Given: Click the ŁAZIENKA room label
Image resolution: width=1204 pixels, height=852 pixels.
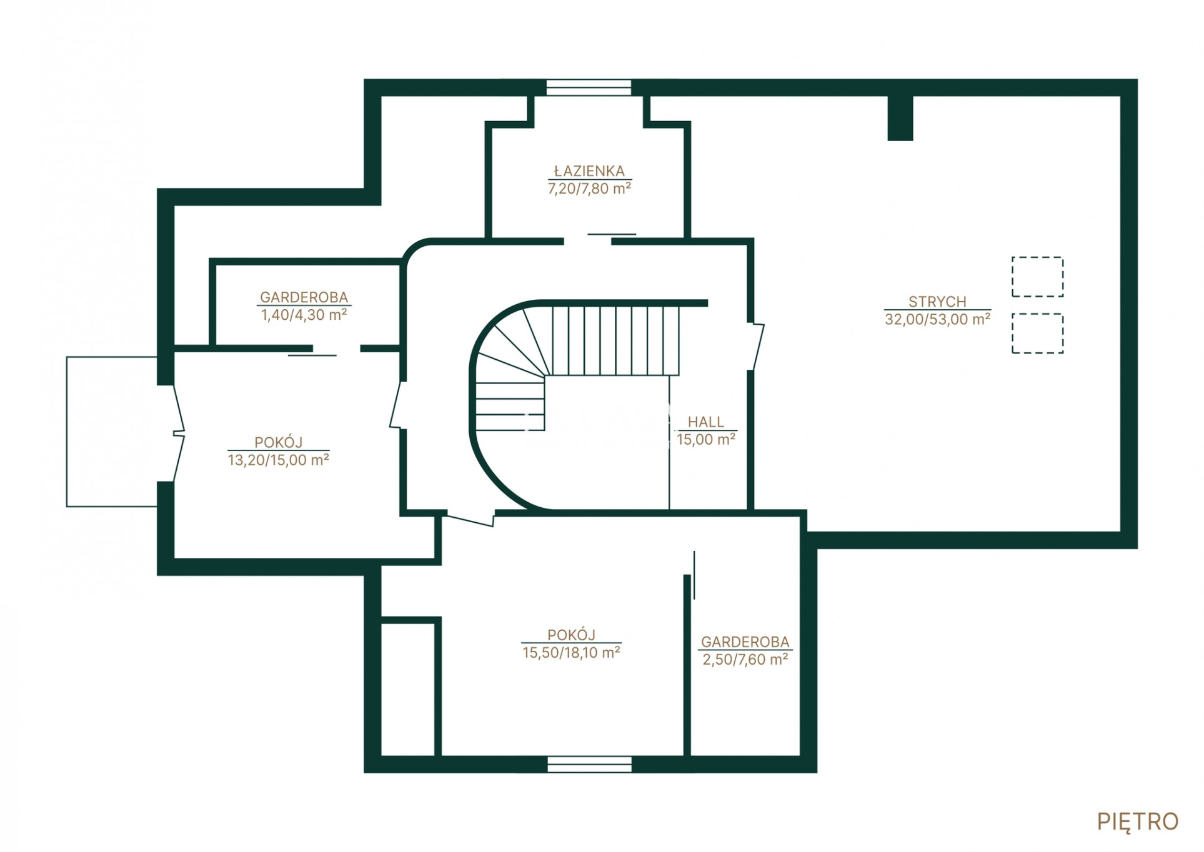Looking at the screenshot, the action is click(x=589, y=171).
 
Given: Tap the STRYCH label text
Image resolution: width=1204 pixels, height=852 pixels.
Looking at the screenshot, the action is click(x=937, y=301).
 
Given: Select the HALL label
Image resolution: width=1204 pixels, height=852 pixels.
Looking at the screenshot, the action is click(x=705, y=422).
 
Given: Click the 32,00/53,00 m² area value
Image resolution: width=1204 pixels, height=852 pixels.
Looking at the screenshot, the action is click(x=937, y=319).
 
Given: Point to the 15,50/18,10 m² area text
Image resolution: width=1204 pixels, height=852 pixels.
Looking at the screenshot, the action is click(x=571, y=652).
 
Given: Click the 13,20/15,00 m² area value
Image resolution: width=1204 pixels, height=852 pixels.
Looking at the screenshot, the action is click(x=278, y=460).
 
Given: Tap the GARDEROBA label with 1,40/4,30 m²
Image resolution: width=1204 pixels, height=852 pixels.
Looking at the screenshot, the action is click(x=304, y=297).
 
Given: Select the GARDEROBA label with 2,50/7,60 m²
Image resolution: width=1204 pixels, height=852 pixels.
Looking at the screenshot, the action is click(x=745, y=641).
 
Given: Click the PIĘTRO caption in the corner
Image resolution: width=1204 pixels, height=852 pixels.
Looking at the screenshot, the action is click(x=1137, y=822).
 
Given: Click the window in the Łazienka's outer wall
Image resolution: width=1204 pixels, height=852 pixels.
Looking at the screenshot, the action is click(x=589, y=87).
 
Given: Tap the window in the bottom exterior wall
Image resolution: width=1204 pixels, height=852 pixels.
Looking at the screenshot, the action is click(x=589, y=764).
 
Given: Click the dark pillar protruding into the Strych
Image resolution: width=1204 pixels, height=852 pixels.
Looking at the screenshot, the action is click(x=900, y=118).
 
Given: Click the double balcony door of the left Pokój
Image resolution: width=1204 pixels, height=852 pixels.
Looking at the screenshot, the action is click(x=178, y=433).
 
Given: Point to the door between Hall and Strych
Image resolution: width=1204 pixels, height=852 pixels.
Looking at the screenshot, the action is click(x=755, y=347).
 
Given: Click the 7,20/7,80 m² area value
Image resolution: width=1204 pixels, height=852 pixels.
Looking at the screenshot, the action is click(x=589, y=189).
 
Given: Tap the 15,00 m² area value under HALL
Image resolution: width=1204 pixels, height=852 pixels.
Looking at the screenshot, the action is click(x=706, y=439).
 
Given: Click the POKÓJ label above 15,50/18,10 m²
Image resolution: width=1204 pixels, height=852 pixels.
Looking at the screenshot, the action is click(x=571, y=635).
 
